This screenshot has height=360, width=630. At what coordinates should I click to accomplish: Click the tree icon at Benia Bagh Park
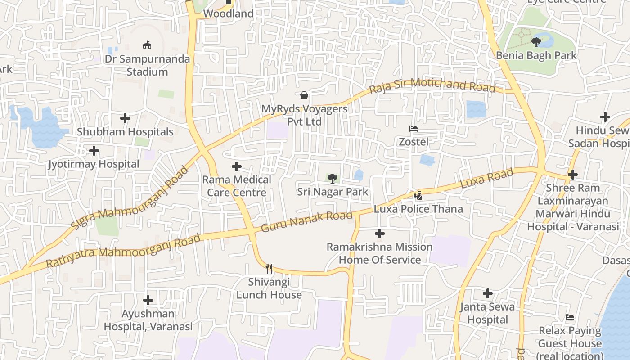tap(536, 42)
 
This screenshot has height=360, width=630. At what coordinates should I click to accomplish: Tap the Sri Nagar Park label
tap(333, 192)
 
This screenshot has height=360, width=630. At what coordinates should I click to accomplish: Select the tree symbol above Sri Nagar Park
tap(333, 179)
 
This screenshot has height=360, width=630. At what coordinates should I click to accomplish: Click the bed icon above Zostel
tap(414, 129)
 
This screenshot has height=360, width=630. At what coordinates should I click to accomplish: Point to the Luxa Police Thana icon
tap(418, 195)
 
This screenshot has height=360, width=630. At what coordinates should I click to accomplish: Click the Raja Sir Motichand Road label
tap(432, 85)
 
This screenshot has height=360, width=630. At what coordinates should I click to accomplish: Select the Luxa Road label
tap(486, 179)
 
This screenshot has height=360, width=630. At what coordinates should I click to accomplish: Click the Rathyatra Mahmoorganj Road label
tap(123, 251)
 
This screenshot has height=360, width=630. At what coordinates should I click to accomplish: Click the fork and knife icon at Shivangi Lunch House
tap(269, 269)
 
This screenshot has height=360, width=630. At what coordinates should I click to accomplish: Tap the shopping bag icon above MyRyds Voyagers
tap(304, 95)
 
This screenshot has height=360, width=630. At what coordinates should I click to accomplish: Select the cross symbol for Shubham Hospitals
tap(125, 118)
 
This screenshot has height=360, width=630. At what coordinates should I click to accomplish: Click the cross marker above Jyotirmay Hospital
tap(94, 150)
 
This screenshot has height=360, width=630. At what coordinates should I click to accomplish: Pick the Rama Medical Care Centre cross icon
tap(237, 166)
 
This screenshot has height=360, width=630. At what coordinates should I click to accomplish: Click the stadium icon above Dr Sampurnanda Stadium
tap(147, 45)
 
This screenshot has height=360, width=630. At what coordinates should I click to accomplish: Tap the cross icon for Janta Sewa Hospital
tap(488, 293)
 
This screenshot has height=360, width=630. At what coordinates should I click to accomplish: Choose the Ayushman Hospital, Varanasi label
tap(148, 320)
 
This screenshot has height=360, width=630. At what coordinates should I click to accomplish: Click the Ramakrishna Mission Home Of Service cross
tap(380, 234)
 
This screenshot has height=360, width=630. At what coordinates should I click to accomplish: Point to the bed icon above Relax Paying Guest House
tap(570, 317)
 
